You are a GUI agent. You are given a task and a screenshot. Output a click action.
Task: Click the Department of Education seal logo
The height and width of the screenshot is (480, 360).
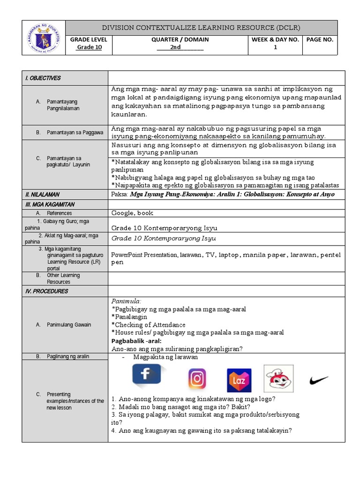coord(44,37)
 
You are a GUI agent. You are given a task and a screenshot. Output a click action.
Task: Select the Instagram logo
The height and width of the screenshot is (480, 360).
coord(197,379)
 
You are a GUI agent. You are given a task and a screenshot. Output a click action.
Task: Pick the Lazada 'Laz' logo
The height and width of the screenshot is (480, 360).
coord(239,380)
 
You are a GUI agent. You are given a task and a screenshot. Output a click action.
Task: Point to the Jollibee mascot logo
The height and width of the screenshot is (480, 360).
coord(280,378)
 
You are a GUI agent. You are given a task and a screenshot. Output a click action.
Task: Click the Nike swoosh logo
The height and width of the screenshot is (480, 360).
coord(319,380)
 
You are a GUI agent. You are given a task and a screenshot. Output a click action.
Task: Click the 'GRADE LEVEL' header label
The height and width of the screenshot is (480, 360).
coord(89,39)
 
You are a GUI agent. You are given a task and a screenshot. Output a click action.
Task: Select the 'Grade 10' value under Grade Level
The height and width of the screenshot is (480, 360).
coord(89,47)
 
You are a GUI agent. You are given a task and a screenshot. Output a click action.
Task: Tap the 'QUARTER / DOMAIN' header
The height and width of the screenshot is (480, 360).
coord(180,39)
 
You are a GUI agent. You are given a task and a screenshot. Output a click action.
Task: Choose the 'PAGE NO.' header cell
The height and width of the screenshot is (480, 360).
coord(320,39)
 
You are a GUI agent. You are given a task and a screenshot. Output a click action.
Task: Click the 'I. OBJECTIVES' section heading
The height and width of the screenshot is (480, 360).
coord(43,78)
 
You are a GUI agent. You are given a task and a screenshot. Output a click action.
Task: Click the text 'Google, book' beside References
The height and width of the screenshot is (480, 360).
coord(132,213)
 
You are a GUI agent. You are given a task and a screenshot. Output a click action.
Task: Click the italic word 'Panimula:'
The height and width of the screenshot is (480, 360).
coord(126,301)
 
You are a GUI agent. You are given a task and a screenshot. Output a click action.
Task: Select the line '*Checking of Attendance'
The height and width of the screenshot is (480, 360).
coord(149,325)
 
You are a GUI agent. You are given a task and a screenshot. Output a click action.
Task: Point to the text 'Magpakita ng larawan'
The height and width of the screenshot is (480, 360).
coord(165,357)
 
